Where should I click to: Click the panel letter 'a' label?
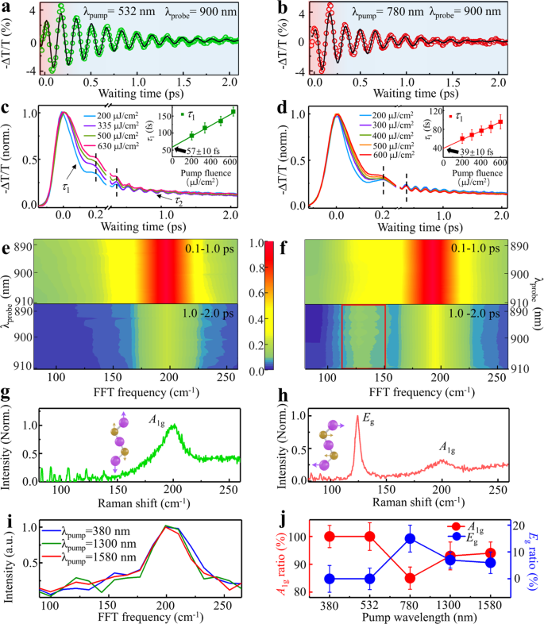pyautogui.click(x=6, y=7)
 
